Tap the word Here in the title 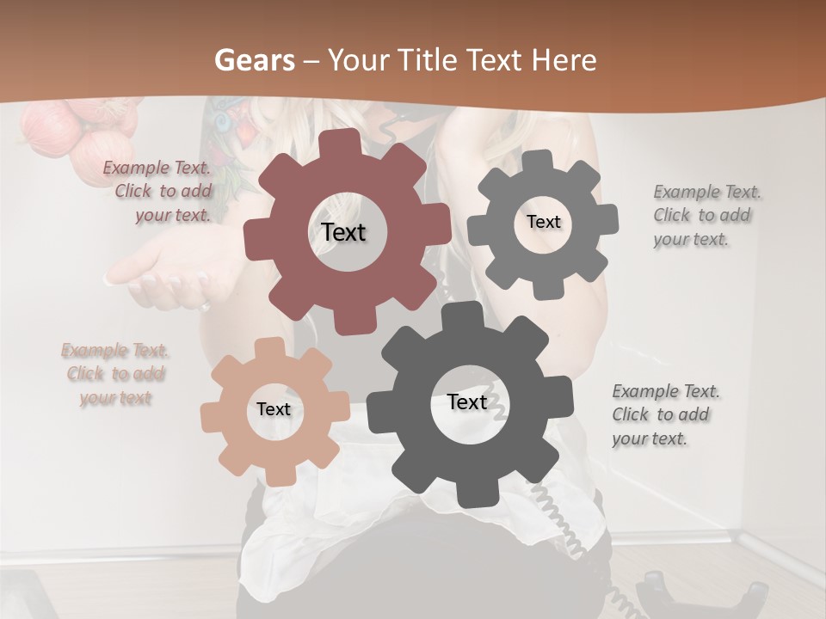[x=564, y=60]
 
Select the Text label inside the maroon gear [x=343, y=232]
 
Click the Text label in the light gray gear [x=543, y=222]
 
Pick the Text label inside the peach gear [x=273, y=409]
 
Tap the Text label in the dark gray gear [x=467, y=401]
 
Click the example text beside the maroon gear [x=157, y=192]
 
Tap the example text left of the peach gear [x=115, y=374]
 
